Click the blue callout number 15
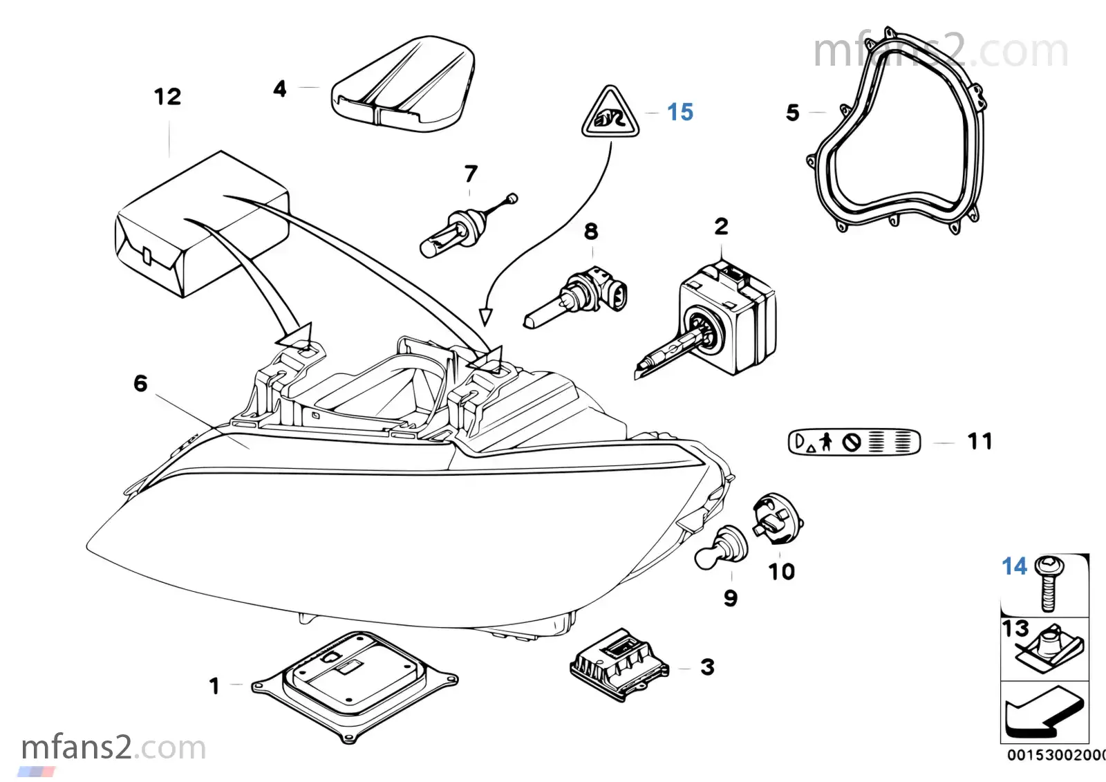[x=680, y=112]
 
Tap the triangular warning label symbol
[x=610, y=113]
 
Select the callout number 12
[x=168, y=97]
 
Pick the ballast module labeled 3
[x=619, y=664]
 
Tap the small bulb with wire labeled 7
[x=467, y=226]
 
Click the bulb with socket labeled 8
[x=576, y=297]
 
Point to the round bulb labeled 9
[x=720, y=548]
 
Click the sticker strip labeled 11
[x=854, y=442]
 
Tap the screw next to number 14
[x=1049, y=584]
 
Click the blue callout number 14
[x=1014, y=566]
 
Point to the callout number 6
[x=141, y=384]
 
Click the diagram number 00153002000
[x=1056, y=755]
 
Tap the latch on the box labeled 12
[x=147, y=254]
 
